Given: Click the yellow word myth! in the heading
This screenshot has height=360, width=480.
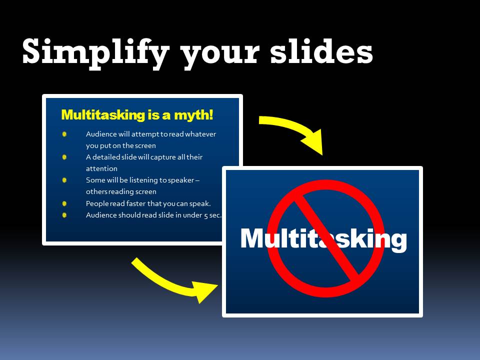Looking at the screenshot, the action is click(193, 115).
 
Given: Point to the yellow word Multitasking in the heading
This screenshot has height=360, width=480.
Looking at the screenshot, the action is click(103, 115).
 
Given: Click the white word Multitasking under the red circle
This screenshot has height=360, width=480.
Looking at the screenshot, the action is click(323, 239).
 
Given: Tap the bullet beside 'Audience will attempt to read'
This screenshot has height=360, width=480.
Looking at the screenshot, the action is click(64, 134).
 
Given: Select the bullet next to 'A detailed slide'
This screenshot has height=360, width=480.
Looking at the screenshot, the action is click(64, 157).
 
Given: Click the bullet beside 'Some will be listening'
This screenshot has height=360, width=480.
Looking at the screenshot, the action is click(64, 180).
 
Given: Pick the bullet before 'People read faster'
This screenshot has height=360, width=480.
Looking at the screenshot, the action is click(64, 203).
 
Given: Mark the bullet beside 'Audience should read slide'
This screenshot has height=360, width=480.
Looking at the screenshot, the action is click(64, 215).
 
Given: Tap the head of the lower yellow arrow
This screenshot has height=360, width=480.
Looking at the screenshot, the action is click(203, 291).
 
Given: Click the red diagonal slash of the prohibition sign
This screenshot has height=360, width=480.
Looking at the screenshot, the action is click(326, 239).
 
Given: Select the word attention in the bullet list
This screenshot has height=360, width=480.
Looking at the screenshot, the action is click(101, 168).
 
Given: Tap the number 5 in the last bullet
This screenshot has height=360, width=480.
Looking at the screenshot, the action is click(206, 216).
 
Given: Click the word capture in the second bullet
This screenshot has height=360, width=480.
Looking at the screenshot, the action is click(163, 157).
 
